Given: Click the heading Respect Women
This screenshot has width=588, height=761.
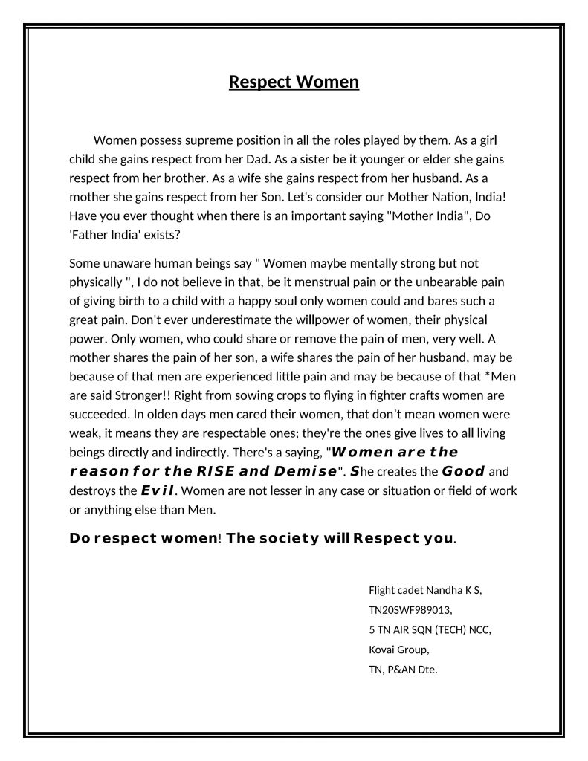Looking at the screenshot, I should (x=294, y=81).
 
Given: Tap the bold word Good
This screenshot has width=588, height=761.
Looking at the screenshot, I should (x=463, y=471).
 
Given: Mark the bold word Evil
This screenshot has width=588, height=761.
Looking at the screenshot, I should (x=158, y=490).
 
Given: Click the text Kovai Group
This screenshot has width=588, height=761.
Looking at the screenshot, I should (x=398, y=650).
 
